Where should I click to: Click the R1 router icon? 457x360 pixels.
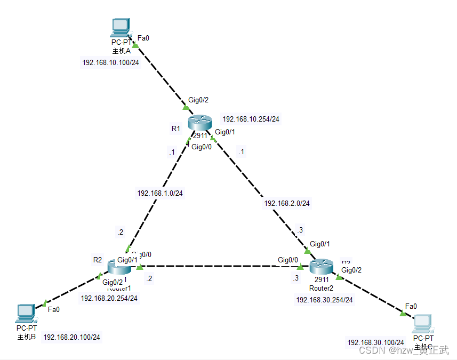pos(200,123)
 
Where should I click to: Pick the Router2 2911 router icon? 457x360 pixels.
pos(322,266)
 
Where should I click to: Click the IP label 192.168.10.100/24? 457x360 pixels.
pos(111,62)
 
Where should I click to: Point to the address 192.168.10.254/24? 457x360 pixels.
pos(251,119)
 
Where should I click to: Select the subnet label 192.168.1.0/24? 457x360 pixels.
pos(160,193)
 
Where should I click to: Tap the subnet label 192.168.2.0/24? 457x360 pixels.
pos(287,203)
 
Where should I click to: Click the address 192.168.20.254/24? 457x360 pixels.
pos(109,298)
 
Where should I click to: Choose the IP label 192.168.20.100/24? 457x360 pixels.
pos(71,337)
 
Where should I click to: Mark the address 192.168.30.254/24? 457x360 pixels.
pos(324,300)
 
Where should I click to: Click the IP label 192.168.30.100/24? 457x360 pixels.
pos(375,342)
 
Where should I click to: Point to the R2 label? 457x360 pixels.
pos(97,260)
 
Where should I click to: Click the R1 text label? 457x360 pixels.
pos(176,129)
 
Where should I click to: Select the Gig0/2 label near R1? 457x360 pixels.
pos(198,100)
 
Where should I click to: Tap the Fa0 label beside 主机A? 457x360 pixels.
pos(143,38)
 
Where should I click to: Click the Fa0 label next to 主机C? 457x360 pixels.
pos(411,306)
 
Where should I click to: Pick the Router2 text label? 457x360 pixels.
pos(321,288)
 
